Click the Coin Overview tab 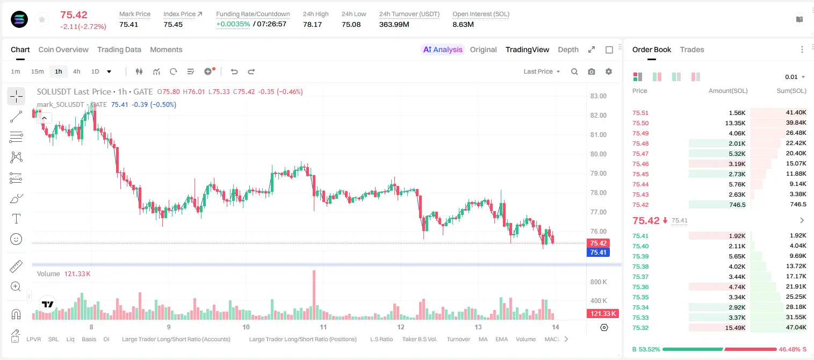[x=63, y=49]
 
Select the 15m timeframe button [x=37, y=71]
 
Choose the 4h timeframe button [x=76, y=71]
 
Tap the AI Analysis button [x=443, y=49]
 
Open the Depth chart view [x=568, y=49]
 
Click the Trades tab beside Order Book [x=692, y=49]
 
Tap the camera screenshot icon [x=592, y=71]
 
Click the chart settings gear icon [x=609, y=71]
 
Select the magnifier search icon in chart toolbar [x=574, y=71]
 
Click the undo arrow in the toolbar [x=234, y=71]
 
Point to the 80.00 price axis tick [x=598, y=154]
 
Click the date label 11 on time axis [x=323, y=327]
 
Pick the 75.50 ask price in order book [x=640, y=123]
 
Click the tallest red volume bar [x=314, y=294]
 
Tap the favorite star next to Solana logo [x=42, y=19]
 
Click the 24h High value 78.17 [x=313, y=24]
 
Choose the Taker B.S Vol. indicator [x=419, y=339]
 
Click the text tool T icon [x=16, y=219]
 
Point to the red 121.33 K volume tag [x=602, y=313]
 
